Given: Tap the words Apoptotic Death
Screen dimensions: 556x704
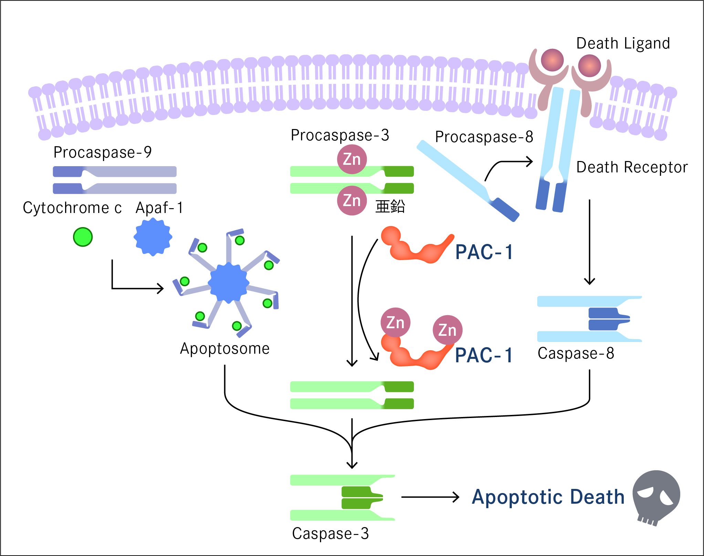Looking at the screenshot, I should tap(548, 497).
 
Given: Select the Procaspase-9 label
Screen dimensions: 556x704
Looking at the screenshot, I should tap(102, 152).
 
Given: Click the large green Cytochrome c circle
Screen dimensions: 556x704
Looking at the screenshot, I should tap(83, 237).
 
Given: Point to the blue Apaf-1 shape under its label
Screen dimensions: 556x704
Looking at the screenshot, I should tap(153, 237).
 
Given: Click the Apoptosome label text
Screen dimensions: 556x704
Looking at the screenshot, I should tap(225, 349).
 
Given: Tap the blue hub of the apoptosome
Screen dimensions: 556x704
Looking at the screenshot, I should tap(228, 283).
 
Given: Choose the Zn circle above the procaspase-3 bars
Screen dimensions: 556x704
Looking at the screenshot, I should tap(352, 159).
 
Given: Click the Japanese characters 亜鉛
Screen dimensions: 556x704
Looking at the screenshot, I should tap(390, 206).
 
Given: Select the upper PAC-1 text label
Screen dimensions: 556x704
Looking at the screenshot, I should tap(484, 252).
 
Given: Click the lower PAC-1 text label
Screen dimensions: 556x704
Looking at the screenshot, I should tap(484, 355).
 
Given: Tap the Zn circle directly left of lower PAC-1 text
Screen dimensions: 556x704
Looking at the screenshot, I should tap(447, 330).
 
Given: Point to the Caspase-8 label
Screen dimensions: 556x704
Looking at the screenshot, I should tap(576, 353).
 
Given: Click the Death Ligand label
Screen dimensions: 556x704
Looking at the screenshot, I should tap(623, 44).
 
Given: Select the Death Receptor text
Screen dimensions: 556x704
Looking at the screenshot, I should tap(632, 167).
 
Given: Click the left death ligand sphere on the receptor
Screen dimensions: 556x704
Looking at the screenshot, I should tap(552, 60).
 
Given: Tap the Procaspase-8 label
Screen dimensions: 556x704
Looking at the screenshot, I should tap(484, 137).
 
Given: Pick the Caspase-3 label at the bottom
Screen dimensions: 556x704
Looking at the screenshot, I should tap(330, 534).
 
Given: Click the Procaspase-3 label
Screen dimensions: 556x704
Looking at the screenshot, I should tap(340, 135).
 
